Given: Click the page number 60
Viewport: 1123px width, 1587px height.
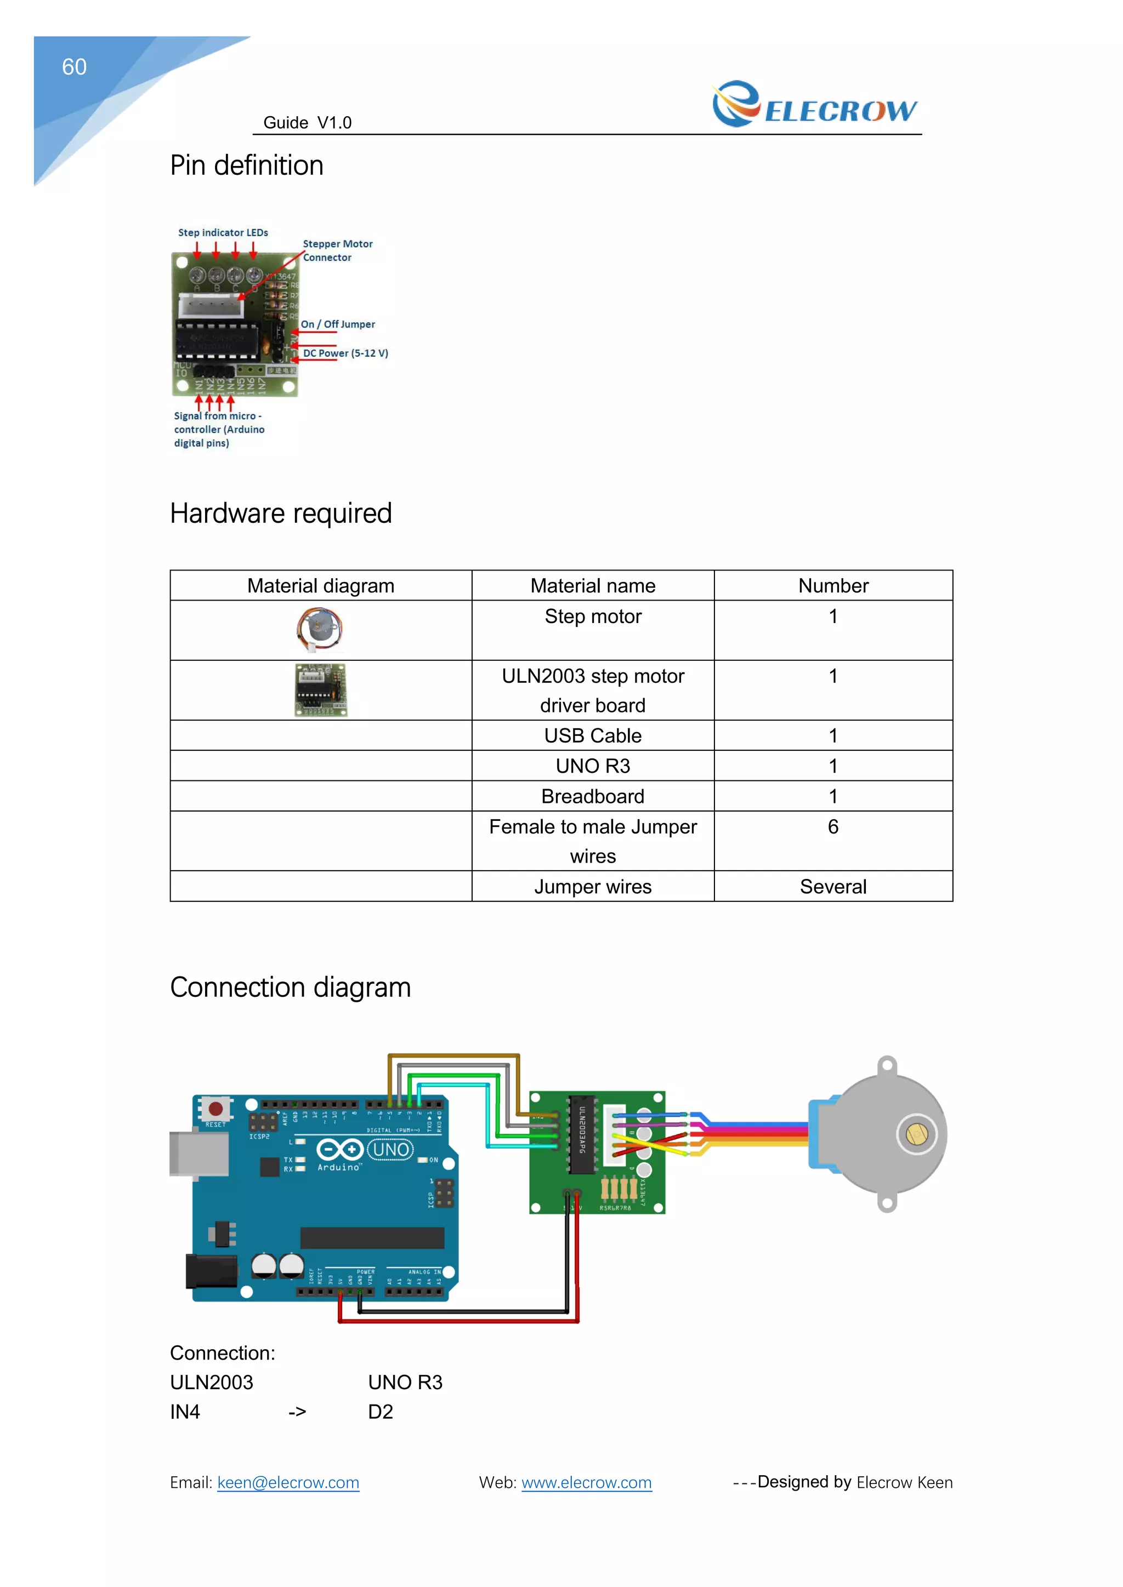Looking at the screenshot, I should [x=74, y=67].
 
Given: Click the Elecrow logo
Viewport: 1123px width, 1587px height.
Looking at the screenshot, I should [x=815, y=105].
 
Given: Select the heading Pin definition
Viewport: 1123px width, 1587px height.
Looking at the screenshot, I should [x=246, y=166].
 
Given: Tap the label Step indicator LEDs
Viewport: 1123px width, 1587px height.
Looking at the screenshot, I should [x=223, y=233].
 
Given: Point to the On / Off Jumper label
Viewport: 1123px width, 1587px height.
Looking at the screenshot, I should [x=337, y=324].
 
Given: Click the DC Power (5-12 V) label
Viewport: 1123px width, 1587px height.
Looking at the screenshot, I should [x=345, y=353].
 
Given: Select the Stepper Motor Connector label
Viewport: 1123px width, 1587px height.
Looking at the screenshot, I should [x=337, y=250].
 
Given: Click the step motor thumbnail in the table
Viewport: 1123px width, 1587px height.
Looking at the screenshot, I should [x=320, y=629].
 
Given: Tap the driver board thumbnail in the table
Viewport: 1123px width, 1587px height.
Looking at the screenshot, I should [x=320, y=690].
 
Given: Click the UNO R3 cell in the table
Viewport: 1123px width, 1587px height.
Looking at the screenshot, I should [x=593, y=766].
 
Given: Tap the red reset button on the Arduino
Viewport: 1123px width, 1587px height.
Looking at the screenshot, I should [x=215, y=1109].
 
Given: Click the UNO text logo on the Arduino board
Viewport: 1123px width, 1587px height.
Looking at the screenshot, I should [x=391, y=1149].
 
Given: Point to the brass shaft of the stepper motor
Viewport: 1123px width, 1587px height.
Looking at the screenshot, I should [x=916, y=1134].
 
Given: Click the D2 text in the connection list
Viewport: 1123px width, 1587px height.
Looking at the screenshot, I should [x=381, y=1412].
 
